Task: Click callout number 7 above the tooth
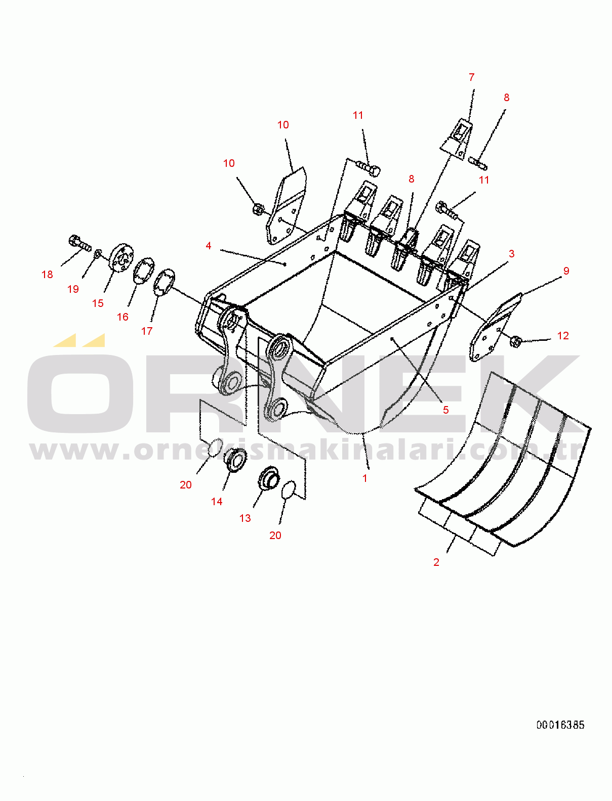point(471,77)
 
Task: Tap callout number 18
point(47,275)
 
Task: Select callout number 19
point(73,289)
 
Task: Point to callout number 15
point(98,303)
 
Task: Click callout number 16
point(123,317)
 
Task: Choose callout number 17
point(147,331)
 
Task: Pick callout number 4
point(209,246)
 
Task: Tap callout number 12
point(563,335)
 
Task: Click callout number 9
point(566,271)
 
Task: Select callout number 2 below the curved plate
point(436,562)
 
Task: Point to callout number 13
point(245,518)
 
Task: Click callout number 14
point(217,502)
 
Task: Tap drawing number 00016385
point(560,725)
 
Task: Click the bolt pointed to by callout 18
point(79,243)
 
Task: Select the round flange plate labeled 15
point(121,257)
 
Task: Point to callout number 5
point(445,410)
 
